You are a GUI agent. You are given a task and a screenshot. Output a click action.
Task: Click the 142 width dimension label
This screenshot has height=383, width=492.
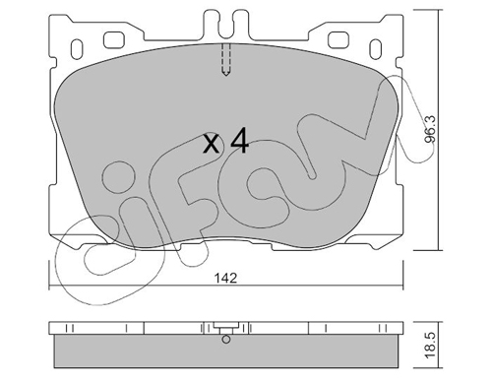click(225, 279)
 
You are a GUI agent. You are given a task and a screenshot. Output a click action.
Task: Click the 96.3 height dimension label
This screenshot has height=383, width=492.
click(430, 129)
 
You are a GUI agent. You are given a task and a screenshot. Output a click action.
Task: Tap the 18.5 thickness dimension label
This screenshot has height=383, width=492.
click(430, 345)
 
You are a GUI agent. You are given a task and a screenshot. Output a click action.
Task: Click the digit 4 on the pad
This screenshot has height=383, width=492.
click(240, 141)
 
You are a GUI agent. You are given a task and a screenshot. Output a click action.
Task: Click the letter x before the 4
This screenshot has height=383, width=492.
click(211, 144)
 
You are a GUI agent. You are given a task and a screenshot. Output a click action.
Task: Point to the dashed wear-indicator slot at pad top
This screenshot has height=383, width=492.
click(226, 59)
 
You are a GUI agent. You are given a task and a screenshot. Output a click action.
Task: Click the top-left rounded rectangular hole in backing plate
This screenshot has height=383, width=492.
click(113, 39)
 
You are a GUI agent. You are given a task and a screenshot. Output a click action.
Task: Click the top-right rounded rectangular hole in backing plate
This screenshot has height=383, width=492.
click(338, 39)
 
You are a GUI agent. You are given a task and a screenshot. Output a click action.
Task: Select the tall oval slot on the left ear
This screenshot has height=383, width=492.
click(77, 49)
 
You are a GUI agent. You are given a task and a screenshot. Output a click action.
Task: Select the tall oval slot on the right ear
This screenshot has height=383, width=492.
click(376, 49)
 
